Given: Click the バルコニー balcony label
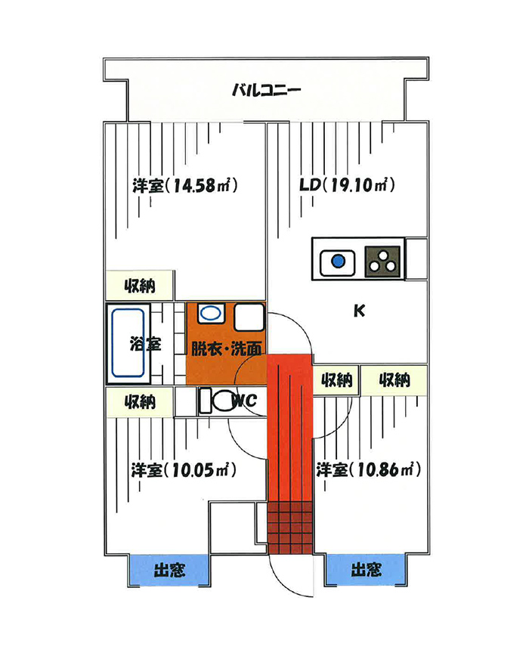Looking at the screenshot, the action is [266, 90].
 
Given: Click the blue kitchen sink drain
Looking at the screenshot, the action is [339, 262].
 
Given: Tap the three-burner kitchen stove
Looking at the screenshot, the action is [382, 262].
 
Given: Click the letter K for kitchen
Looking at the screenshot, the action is [359, 310].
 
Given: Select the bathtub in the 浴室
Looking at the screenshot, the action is [128, 343].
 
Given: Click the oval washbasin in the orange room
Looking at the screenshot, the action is [212, 313].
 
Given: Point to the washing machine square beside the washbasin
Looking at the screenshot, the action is [249, 317].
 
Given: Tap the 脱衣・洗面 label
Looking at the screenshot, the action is [226, 348].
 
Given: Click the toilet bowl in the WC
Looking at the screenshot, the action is [224, 401].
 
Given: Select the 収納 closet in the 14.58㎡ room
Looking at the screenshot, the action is [139, 286].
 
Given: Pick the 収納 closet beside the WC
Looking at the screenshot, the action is [139, 401].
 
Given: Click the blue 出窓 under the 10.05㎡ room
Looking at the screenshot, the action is [169, 571].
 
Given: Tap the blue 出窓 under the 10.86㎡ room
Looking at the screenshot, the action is [365, 570].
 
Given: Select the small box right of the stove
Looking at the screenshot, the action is [416, 258].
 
